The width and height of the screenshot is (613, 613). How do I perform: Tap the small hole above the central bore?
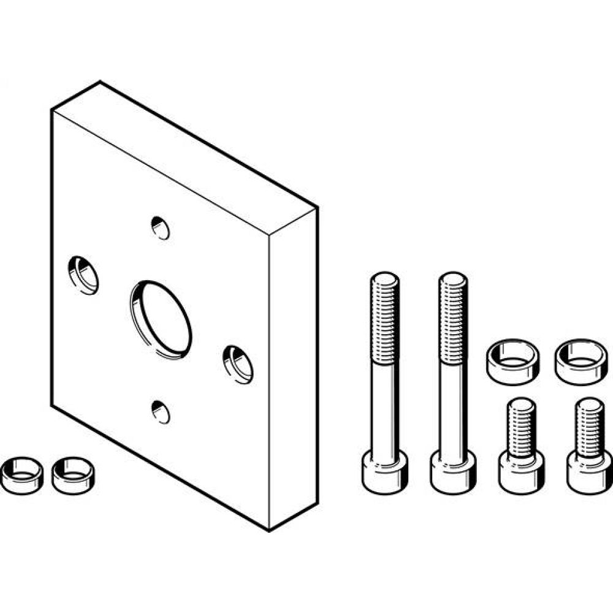pyautogui.click(x=160, y=228)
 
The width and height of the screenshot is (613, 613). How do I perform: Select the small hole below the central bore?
pyautogui.click(x=160, y=411)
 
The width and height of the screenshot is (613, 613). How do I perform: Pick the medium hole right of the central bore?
pyautogui.click(x=238, y=364)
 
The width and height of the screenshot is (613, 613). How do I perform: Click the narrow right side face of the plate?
pyautogui.click(x=293, y=368)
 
